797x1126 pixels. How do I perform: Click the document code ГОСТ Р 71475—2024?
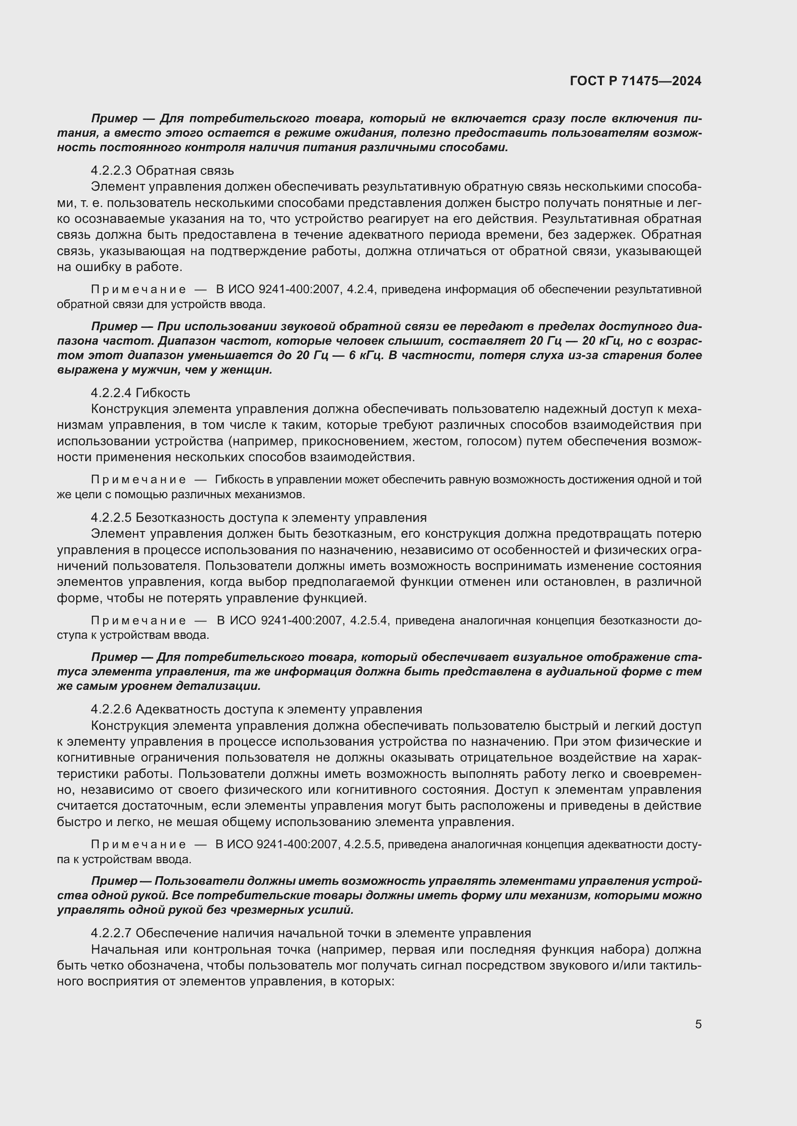(636, 81)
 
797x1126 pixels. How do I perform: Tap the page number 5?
(698, 1024)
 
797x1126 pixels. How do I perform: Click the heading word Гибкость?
(163, 393)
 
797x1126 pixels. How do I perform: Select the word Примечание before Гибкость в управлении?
(138, 479)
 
